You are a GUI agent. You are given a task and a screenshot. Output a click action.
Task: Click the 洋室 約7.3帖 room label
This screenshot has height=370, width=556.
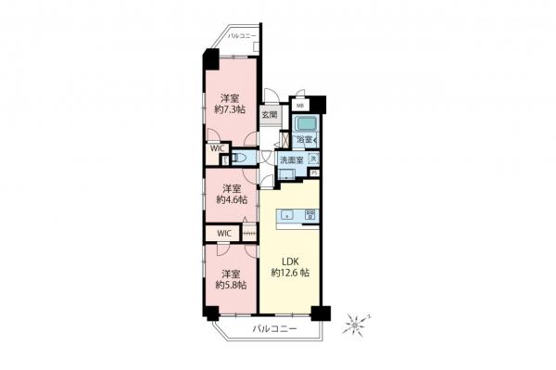(233, 103)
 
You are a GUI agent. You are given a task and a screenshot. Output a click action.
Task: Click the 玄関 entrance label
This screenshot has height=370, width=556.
(269, 115)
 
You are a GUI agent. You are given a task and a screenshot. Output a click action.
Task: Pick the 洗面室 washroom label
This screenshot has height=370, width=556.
(293, 159)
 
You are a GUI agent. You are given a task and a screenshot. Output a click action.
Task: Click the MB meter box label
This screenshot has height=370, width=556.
(299, 104)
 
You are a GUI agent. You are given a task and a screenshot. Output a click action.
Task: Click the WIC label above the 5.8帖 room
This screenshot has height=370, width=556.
(224, 233)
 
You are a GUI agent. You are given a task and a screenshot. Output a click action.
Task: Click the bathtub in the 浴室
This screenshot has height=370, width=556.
(305, 124)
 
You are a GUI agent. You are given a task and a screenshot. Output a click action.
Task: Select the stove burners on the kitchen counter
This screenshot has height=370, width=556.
(310, 214)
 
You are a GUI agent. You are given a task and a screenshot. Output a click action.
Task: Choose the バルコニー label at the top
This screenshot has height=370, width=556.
(243, 35)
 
